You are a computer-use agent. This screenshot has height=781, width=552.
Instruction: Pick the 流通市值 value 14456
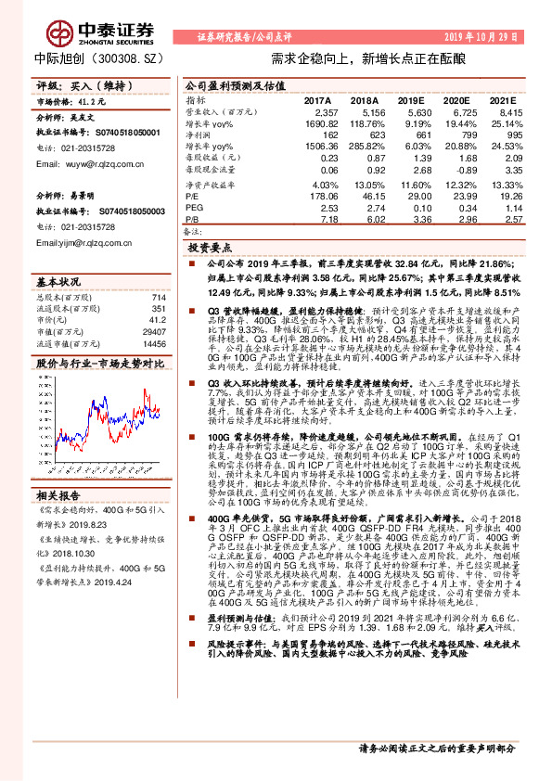click(157, 343)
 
